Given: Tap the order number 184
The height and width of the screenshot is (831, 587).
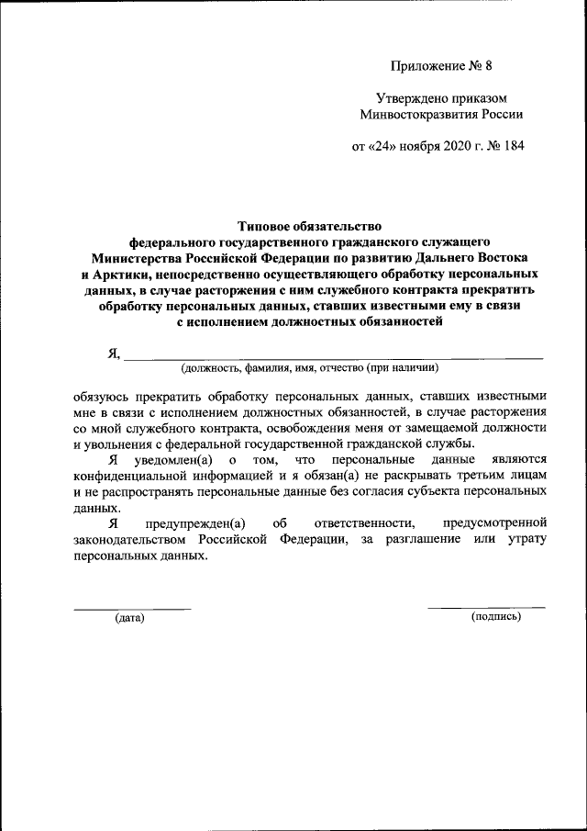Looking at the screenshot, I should click(516, 147).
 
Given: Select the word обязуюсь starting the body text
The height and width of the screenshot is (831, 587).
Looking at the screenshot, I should click(103, 397).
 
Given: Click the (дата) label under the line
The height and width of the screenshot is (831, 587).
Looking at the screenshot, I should click(129, 618).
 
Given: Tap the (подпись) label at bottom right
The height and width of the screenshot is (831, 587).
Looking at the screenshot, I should click(495, 617).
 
